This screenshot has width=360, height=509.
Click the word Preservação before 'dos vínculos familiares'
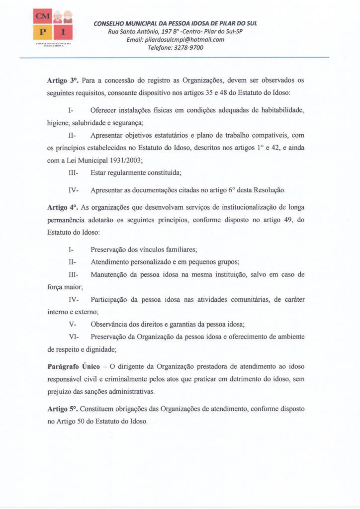pyautogui.click(x=111, y=249)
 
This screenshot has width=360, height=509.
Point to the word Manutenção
pyautogui.click(x=112, y=274)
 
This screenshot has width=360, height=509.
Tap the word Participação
pyautogui.click(x=113, y=300)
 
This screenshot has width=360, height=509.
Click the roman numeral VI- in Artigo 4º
pyautogui.click(x=74, y=337)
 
